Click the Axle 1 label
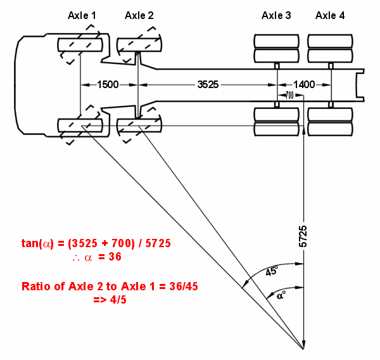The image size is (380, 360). (82, 15)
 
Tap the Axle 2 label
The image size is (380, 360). (139, 15)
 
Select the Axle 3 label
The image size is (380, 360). (276, 15)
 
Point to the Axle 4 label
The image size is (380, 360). (330, 15)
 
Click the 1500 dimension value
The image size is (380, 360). (108, 85)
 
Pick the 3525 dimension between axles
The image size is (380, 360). (208, 85)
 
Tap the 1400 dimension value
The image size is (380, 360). (304, 85)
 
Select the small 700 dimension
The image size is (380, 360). (289, 95)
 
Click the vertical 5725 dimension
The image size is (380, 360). (303, 236)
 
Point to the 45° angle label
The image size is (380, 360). (272, 271)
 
